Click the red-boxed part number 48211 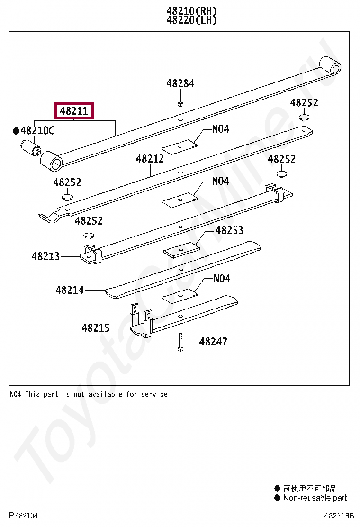pos(74,111)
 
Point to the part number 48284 pos(180,83)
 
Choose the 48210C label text pos(37,130)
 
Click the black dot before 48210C pos(16,131)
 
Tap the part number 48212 pos(150,159)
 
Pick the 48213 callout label pos(45,256)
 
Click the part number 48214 pos(69,290)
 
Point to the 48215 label pos(95,328)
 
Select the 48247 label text pos(213,341)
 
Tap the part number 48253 pos(229,230)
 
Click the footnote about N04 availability pos(88,394)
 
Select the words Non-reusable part pos(315,498)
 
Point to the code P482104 pos(23,516)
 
